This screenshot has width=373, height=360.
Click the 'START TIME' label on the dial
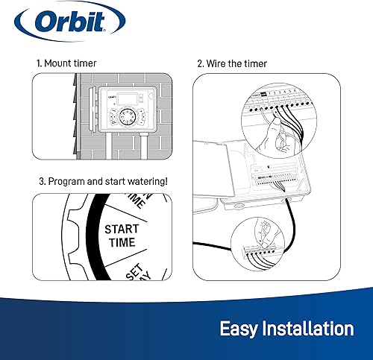click(x=122, y=235)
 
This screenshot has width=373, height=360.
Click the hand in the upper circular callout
click(x=278, y=138)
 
